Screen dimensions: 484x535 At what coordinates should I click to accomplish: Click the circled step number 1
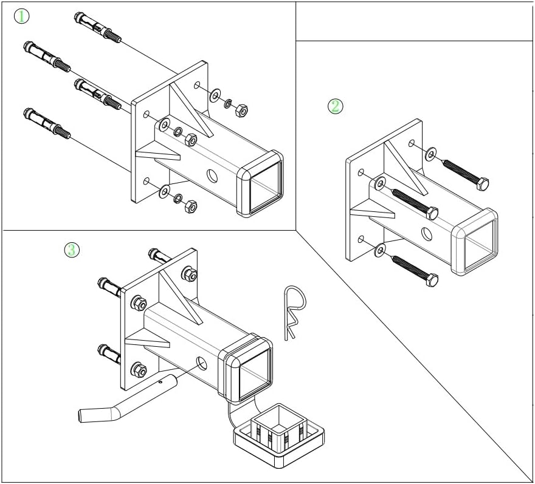point(21,16)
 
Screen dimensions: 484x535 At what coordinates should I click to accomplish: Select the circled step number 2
point(336,106)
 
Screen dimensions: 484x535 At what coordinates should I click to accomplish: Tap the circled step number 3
point(72,249)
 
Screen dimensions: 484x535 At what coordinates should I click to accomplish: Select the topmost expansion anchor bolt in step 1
point(97,28)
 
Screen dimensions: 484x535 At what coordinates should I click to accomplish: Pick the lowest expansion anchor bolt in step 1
point(46,123)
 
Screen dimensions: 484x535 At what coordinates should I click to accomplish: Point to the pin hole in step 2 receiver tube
point(427,234)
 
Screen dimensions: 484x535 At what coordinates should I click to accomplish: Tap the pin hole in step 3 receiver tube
point(200,364)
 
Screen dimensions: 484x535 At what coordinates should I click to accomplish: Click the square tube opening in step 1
point(265,183)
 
